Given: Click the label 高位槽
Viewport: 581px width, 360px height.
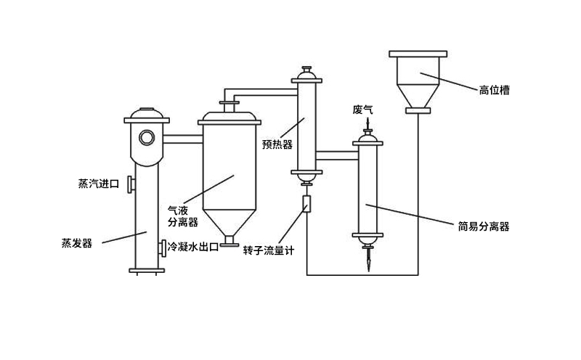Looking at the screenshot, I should tap(494, 91).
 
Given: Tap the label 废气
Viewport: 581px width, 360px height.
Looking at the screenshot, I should tap(362, 110).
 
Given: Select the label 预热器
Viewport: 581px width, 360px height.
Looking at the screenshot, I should tap(277, 144).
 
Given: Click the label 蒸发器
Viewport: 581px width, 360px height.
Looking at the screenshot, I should tap(77, 243).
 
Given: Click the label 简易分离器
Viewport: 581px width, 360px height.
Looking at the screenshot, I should tap(484, 226).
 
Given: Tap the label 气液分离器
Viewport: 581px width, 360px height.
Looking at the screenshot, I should tap(183, 216).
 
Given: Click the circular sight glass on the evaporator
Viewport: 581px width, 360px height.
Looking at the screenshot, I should tap(147, 136).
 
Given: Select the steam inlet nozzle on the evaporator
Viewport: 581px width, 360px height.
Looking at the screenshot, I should tap(129, 184).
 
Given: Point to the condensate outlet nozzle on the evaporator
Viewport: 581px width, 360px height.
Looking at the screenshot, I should tap(163, 247).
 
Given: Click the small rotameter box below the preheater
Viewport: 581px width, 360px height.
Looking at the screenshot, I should tap(306, 204).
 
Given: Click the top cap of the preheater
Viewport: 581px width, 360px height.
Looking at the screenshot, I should tap(306, 73).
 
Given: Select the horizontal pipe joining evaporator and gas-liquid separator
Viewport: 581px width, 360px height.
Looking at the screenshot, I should tap(184, 138).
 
